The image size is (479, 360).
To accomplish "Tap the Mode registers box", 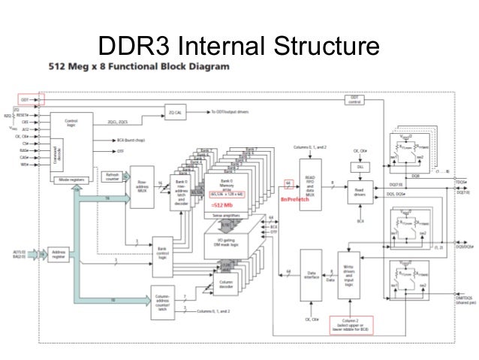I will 71,181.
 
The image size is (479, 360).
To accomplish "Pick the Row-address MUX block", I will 141,185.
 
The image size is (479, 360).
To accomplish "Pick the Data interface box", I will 311,275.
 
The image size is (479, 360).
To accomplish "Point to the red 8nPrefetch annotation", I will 289,201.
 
